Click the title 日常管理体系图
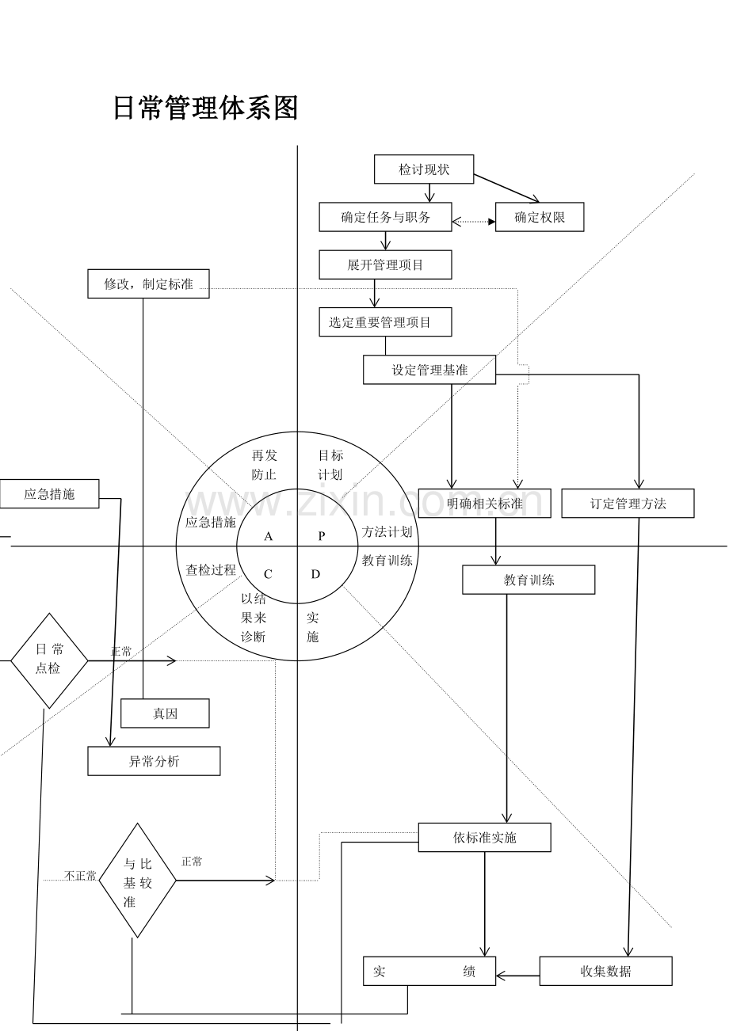[205, 108]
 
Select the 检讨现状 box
[424, 169]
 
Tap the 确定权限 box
[540, 217]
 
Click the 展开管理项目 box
[385, 265]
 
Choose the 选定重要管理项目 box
[385, 322]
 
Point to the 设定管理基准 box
[429, 370]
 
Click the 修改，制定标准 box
[148, 283]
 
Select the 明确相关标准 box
[484, 504]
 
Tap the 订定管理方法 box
[628, 504]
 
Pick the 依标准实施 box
[484, 838]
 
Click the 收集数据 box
[605, 971]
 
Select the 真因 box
[165, 713]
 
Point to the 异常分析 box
[154, 762]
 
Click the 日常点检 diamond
[49, 660]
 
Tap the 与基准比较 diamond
[137, 881]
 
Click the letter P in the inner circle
[322, 536]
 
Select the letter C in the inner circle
[268, 575]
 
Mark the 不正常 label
[80, 876]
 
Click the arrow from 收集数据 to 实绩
[517, 976]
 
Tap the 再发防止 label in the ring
[264, 465]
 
